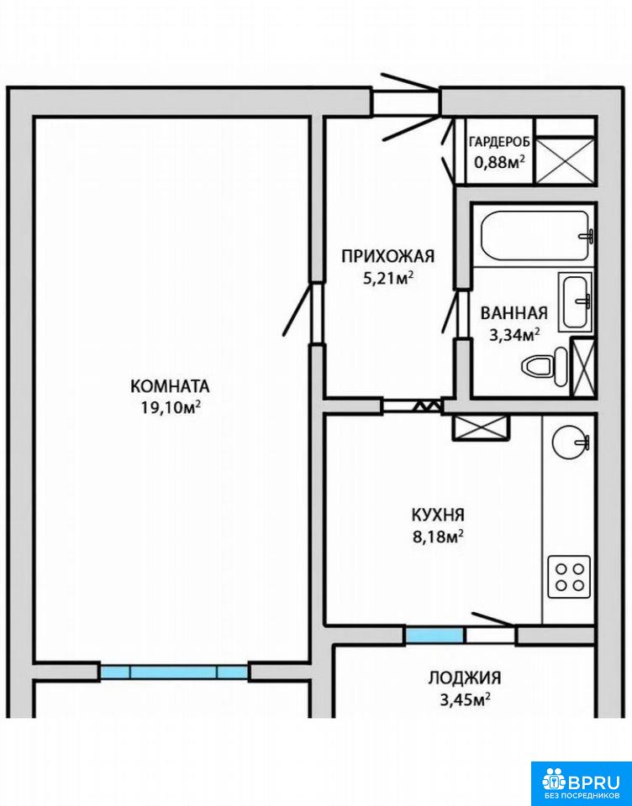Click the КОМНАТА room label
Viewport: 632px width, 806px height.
170,385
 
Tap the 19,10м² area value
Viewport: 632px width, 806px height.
171,407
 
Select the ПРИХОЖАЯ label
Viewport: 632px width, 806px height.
388,256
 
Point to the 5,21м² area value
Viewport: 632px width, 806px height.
388,278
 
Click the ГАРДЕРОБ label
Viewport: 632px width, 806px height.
500,142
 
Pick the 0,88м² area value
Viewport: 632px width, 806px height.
499,162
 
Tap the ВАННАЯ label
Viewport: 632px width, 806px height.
513,313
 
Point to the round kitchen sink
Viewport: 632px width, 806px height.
569,441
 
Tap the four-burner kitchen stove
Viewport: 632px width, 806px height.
569,577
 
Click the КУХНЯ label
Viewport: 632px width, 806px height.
438,514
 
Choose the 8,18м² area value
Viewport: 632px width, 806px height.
438,536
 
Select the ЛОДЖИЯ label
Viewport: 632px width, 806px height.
464,678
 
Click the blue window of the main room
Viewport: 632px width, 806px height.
174,672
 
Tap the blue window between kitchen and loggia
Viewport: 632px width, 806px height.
434,636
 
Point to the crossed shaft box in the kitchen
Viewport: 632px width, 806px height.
481,427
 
